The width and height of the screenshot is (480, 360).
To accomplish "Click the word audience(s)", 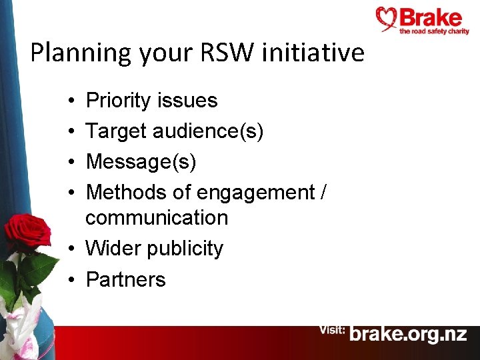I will click(208, 131).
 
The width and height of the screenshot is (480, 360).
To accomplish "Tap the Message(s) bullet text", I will click(141, 162).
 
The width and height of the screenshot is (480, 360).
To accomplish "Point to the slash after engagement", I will click(324, 193).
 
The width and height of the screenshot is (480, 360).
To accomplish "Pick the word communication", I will click(157, 217).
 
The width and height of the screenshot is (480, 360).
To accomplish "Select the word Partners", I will click(126, 279).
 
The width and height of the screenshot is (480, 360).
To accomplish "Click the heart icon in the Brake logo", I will click(386, 19).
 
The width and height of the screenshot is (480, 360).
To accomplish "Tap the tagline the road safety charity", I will click(434, 31).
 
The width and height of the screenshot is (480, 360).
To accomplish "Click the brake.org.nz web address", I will click(408, 335).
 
